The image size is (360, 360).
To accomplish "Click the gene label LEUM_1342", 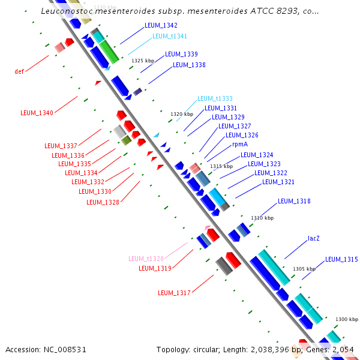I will (x=161, y=26).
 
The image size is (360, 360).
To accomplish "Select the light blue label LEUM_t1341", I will (x=170, y=36).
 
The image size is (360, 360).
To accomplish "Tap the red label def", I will (x=19, y=71).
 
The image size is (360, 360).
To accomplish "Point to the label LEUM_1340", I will (x=37, y=113).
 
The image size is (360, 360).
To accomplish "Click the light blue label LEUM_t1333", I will (x=215, y=98).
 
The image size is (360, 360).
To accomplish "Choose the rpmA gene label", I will (x=240, y=145).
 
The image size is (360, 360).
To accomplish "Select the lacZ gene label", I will (x=313, y=238).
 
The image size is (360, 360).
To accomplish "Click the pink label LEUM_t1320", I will (x=146, y=259).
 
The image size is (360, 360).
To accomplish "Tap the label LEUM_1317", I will (x=174, y=293).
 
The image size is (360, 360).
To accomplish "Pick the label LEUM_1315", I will (x=341, y=260).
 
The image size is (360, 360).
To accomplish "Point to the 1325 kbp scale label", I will (x=143, y=61).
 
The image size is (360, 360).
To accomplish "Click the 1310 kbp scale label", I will (x=262, y=218).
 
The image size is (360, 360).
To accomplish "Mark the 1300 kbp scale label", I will (x=347, y=319).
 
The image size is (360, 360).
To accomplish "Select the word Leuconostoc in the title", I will (x=69, y=11).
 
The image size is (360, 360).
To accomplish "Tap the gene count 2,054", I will (x=344, y=349).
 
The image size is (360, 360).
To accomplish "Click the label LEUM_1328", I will (x=103, y=202).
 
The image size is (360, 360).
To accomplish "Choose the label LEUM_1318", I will (x=294, y=201).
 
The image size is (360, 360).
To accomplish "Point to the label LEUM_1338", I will (x=189, y=65).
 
